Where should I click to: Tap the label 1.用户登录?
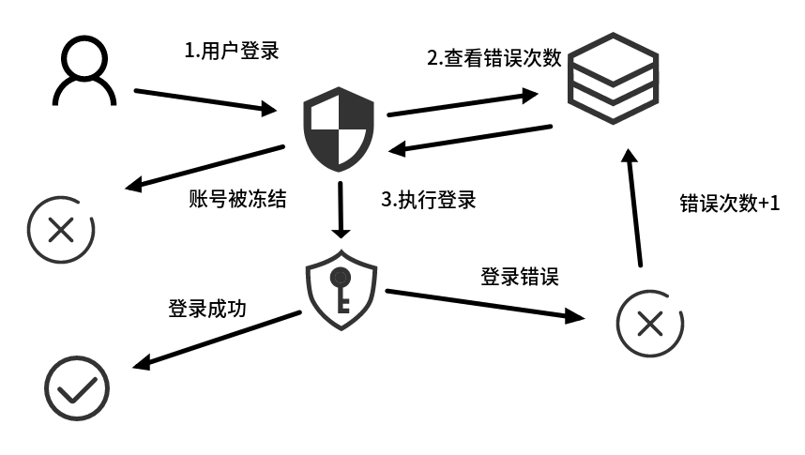click(232, 50)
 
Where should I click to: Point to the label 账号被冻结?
click(237, 199)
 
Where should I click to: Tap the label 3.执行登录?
click(428, 200)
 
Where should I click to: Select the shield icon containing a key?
click(342, 290)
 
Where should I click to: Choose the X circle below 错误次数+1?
click(649, 325)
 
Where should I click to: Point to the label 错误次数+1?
click(729, 204)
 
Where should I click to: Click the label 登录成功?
click(207, 309)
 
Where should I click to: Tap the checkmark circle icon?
click(78, 387)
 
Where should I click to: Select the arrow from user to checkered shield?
click(212, 101)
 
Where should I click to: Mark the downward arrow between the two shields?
click(341, 208)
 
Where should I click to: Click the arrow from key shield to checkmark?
click(216, 340)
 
